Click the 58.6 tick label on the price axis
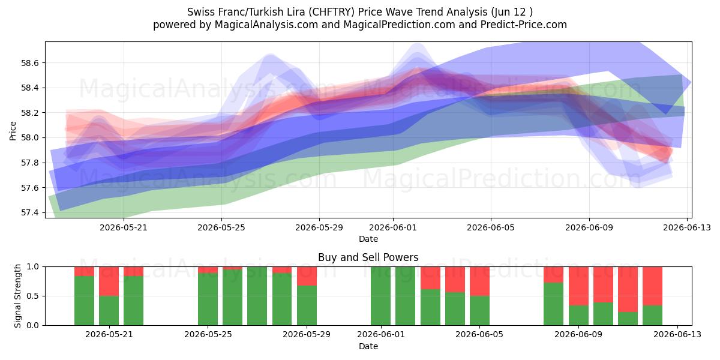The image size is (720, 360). tap(30, 63)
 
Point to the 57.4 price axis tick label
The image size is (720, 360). tap(30, 213)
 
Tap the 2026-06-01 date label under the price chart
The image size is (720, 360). tap(393, 227)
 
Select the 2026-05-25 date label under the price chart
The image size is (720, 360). tap(221, 227)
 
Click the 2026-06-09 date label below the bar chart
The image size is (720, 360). tap(578, 334)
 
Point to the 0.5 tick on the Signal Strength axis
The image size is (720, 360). tap(33, 296)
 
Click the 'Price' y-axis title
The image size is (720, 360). tap(13, 131)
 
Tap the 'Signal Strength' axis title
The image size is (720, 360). tap(17, 296)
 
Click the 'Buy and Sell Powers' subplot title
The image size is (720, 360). tap(368, 257)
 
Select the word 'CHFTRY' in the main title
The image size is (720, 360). tap(332, 12)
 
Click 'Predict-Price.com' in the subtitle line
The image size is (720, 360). tap(524, 25)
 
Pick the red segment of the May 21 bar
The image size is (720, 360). tap(109, 281)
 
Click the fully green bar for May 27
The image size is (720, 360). tap(257, 296)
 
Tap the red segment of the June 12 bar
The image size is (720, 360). tap(653, 286)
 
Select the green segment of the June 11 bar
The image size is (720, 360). tap(628, 319)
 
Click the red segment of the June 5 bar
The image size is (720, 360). tap(479, 281)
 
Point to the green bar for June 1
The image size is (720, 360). tap(380, 296)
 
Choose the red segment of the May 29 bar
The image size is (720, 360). tap(307, 276)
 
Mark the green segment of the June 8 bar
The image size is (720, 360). tap(553, 304)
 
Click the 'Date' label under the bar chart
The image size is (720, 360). tap(368, 346)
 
